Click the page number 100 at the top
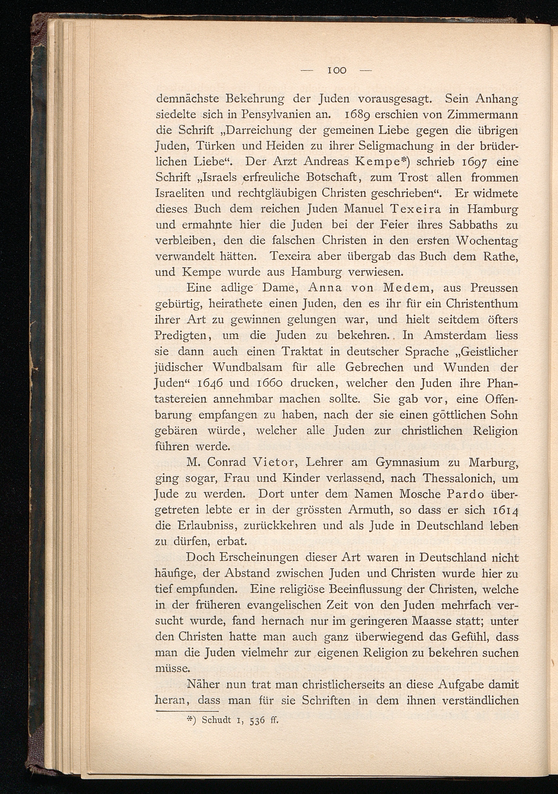point(338,70)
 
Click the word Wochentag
point(486,241)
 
